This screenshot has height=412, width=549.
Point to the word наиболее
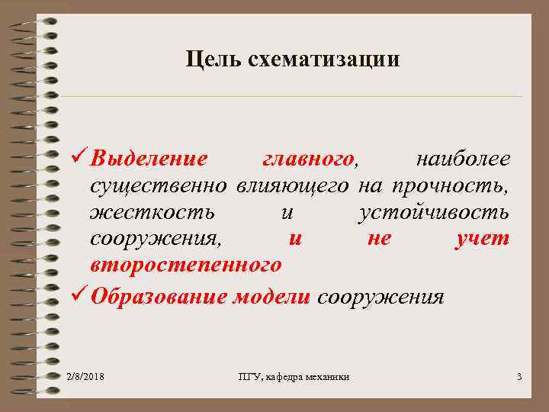462,159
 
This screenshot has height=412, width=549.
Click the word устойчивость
433,212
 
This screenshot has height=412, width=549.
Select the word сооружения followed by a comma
157,239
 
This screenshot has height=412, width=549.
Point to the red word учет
481,239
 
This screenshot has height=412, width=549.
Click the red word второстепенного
185,266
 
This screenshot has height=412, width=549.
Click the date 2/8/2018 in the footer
85,377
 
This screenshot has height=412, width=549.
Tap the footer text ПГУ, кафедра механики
293,377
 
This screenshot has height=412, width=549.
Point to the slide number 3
518,377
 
